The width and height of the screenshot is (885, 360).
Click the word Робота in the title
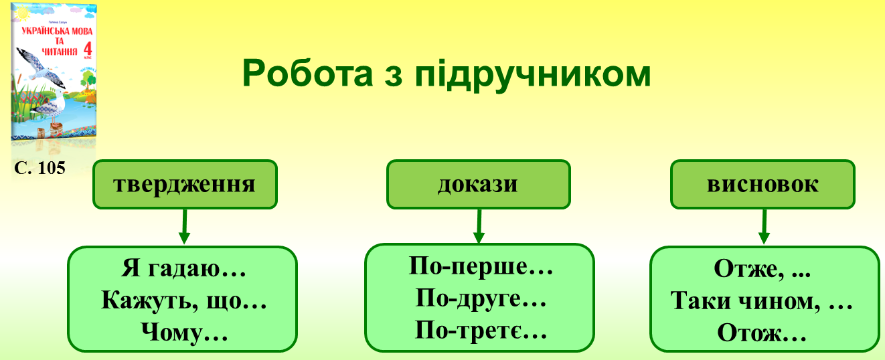tap(303, 73)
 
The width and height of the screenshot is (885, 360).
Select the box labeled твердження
tap(185, 184)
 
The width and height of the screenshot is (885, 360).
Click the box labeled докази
tap(478, 184)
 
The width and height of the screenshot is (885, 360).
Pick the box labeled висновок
tap(762, 184)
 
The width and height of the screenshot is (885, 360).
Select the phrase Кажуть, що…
tap(184, 300)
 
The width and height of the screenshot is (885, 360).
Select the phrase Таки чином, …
tap(762, 302)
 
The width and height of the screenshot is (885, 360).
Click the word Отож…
tap(762, 332)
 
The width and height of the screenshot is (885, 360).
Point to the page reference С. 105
tap(39, 168)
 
